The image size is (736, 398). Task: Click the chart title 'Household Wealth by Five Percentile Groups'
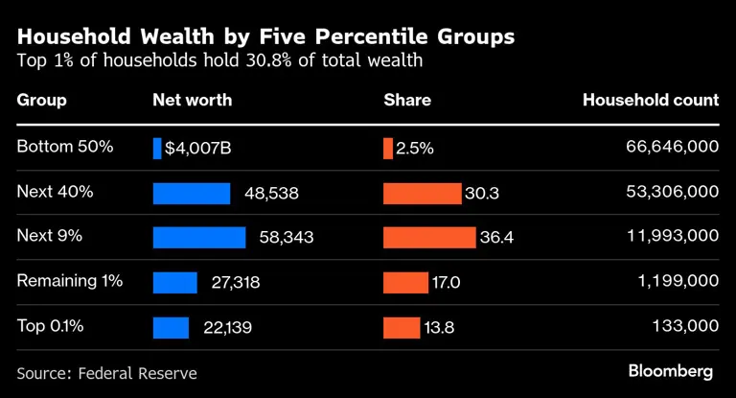tap(265, 36)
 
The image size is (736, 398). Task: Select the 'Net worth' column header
tap(193, 100)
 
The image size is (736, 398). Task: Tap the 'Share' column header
tap(407, 100)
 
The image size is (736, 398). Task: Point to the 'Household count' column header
tap(651, 100)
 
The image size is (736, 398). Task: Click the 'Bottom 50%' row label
tap(65, 147)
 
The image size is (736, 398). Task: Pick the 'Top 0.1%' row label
tap(51, 326)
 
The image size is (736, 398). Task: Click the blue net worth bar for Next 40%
tap(192, 193)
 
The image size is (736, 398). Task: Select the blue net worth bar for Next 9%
tap(199, 237)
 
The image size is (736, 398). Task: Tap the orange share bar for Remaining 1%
tap(405, 282)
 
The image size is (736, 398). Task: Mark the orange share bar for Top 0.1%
tap(402, 327)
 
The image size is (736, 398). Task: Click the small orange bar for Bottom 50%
tap(388, 148)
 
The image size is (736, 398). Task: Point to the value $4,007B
tap(198, 149)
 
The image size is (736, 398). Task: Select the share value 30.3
tap(482, 193)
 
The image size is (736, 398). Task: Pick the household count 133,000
tap(686, 326)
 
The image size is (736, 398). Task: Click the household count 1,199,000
tap(677, 282)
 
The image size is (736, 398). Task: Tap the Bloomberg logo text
tap(671, 371)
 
